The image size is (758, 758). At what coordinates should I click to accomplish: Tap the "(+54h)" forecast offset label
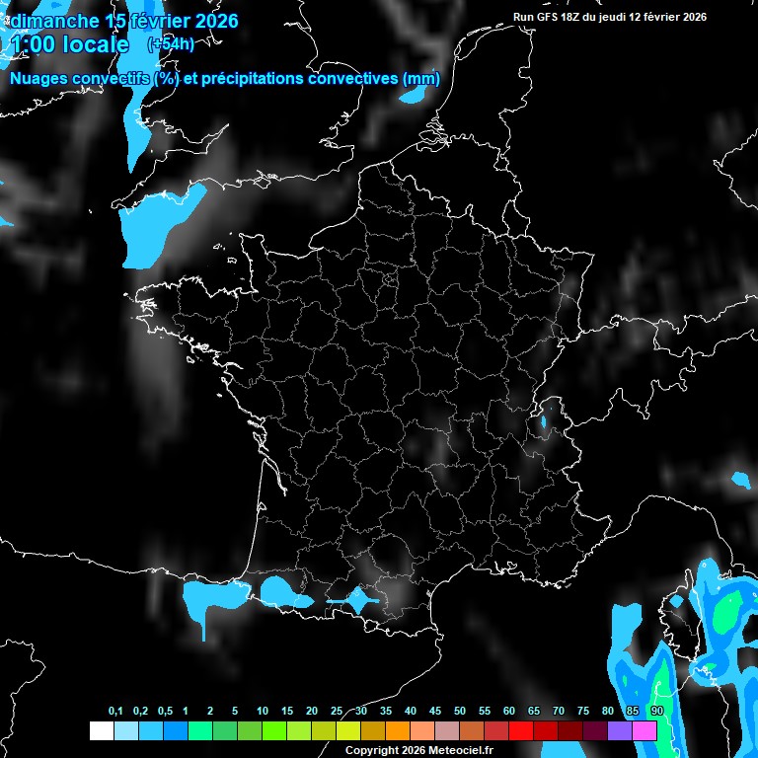coord(170,43)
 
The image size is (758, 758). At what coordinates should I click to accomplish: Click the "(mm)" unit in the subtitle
coord(419,79)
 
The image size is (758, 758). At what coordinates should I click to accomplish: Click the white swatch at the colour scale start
coord(101,730)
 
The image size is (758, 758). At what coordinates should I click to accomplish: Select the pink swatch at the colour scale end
coord(644,730)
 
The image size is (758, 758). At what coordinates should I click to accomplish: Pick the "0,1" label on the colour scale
coord(115,712)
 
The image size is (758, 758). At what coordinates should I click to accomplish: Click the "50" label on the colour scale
coord(460,712)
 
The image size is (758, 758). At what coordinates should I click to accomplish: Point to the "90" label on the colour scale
coord(657,712)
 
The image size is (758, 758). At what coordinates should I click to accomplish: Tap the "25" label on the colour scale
coord(337,712)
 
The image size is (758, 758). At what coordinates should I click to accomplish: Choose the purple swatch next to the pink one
coord(620,730)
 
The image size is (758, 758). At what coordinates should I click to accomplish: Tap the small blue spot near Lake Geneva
coord(543,422)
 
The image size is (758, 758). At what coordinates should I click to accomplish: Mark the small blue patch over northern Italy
coord(740,480)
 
